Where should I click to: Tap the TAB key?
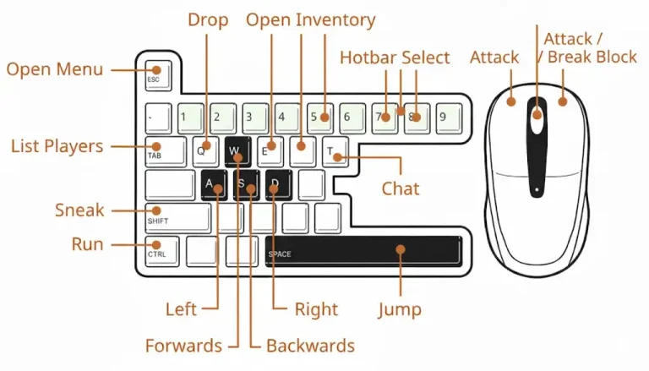(166, 150)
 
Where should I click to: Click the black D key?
(278, 184)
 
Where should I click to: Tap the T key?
(335, 150)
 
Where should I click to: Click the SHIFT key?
(177, 217)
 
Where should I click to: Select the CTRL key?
(161, 250)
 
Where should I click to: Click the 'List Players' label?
(57, 146)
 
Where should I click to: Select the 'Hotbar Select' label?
(395, 57)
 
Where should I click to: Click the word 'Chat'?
(401, 188)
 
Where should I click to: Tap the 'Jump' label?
(400, 309)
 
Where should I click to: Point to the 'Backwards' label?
(310, 346)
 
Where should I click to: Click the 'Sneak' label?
(79, 210)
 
